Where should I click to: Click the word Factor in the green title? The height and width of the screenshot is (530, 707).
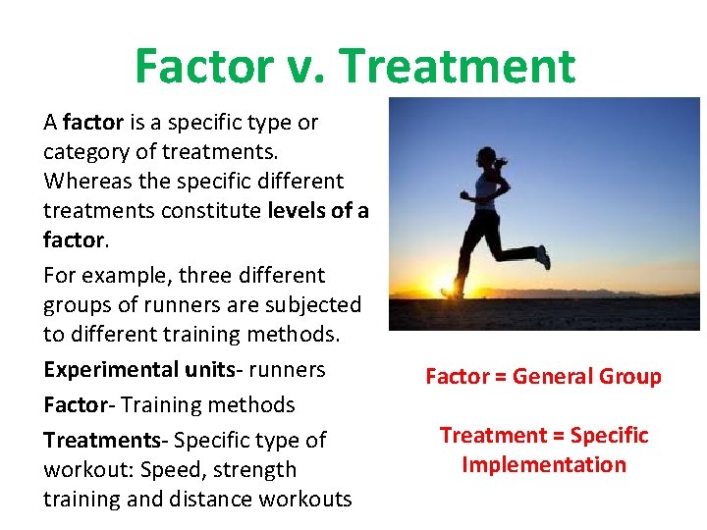[x=203, y=67]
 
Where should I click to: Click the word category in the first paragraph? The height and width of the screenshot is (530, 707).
[x=84, y=152]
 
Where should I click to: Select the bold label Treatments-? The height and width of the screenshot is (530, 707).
[x=99, y=440]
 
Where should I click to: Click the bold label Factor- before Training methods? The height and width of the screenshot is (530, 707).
[x=78, y=404]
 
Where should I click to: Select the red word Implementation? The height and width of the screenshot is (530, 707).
[x=544, y=465]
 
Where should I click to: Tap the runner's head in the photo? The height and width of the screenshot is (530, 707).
[x=486, y=158]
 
